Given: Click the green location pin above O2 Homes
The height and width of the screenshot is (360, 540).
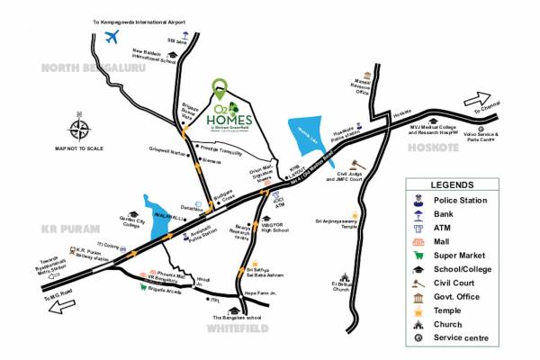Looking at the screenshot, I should [x=219, y=88].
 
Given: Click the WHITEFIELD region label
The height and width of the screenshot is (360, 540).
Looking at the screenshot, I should [x=237, y=329].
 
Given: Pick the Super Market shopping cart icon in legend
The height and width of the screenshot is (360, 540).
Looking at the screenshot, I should [x=418, y=255].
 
